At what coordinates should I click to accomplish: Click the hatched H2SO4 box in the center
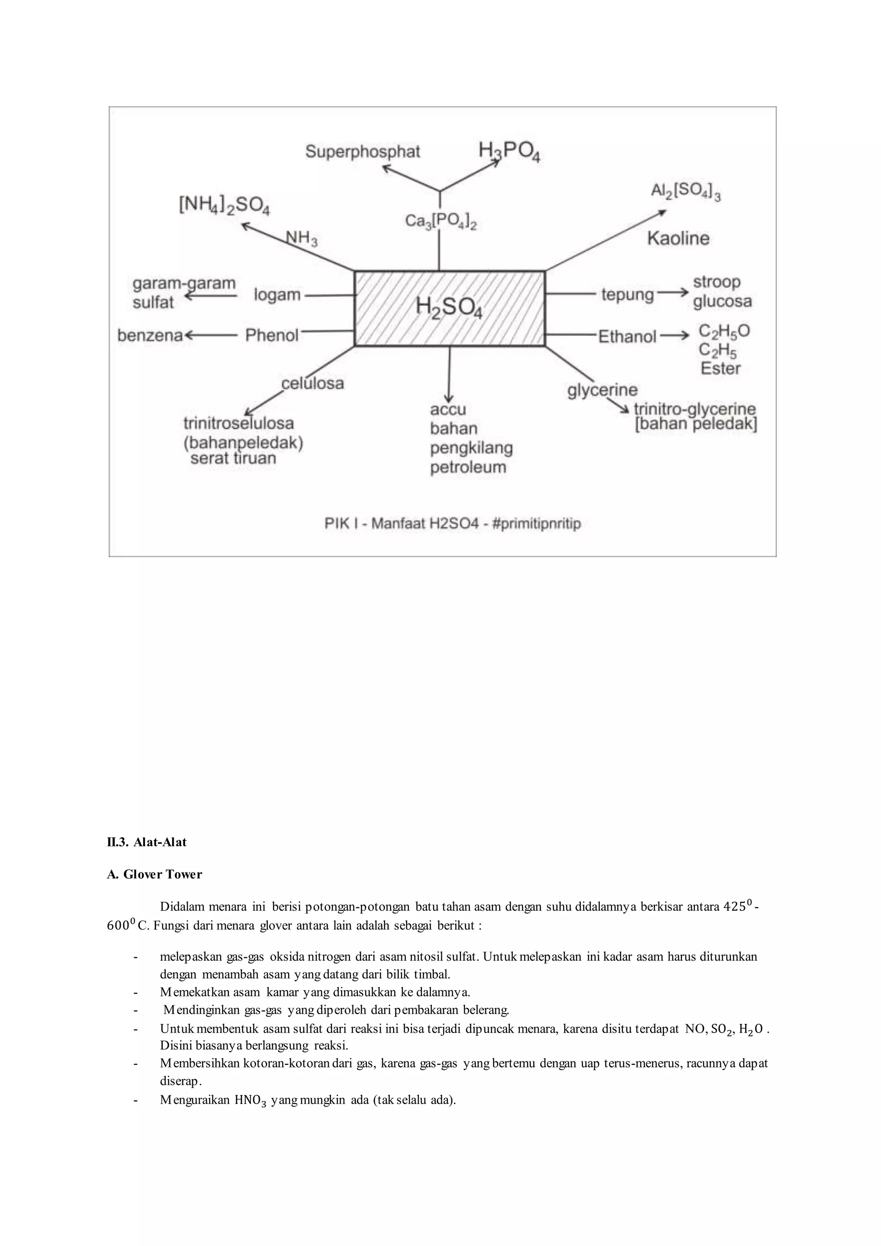point(449,308)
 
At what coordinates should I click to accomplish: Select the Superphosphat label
point(362,151)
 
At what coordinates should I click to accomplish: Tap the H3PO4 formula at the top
point(509,151)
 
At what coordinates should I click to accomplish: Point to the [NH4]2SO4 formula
point(224,205)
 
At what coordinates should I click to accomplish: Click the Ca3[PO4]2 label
point(440,222)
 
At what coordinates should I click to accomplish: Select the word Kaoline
point(678,238)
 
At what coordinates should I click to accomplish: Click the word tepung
point(627,295)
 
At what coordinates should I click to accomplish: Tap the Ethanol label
point(627,336)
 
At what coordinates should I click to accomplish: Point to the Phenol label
point(272,335)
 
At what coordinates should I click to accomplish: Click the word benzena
point(150,335)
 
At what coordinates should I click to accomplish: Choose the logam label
point(277,295)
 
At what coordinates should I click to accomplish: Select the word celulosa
point(312,383)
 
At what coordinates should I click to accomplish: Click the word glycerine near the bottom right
point(602,390)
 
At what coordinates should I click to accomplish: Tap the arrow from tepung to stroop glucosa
point(673,293)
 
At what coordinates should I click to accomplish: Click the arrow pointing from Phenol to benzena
point(212,335)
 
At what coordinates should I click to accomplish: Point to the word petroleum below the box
point(468,467)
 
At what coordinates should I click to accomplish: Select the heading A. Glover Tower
point(154,874)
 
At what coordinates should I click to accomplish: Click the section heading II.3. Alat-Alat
point(146,842)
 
